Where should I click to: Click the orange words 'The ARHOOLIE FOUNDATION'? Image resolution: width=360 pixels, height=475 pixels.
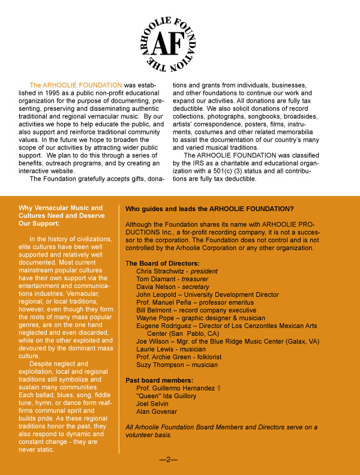[76, 85]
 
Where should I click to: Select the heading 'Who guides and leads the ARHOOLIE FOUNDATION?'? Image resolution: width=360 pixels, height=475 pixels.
[209, 209]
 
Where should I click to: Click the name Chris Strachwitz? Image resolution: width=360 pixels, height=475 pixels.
[161, 271]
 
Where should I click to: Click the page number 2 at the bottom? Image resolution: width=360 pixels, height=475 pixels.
[169, 459]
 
